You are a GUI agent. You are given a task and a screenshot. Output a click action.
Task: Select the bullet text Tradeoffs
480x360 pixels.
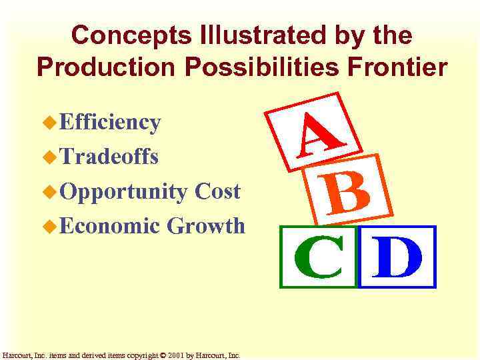pyautogui.click(x=109, y=157)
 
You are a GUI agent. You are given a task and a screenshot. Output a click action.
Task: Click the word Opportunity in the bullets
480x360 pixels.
pyautogui.click(x=123, y=192)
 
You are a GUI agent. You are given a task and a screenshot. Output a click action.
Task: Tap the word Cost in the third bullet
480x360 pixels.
pyautogui.click(x=217, y=191)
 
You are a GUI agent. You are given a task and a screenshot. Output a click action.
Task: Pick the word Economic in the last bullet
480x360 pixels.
pyautogui.click(x=110, y=226)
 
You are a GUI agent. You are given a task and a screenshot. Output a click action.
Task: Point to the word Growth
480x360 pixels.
pyautogui.click(x=206, y=226)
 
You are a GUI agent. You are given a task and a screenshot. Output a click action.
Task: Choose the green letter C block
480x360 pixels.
pyautogui.click(x=319, y=257)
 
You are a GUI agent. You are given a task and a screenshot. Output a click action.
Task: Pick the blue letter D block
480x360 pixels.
pyautogui.click(x=397, y=257)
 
